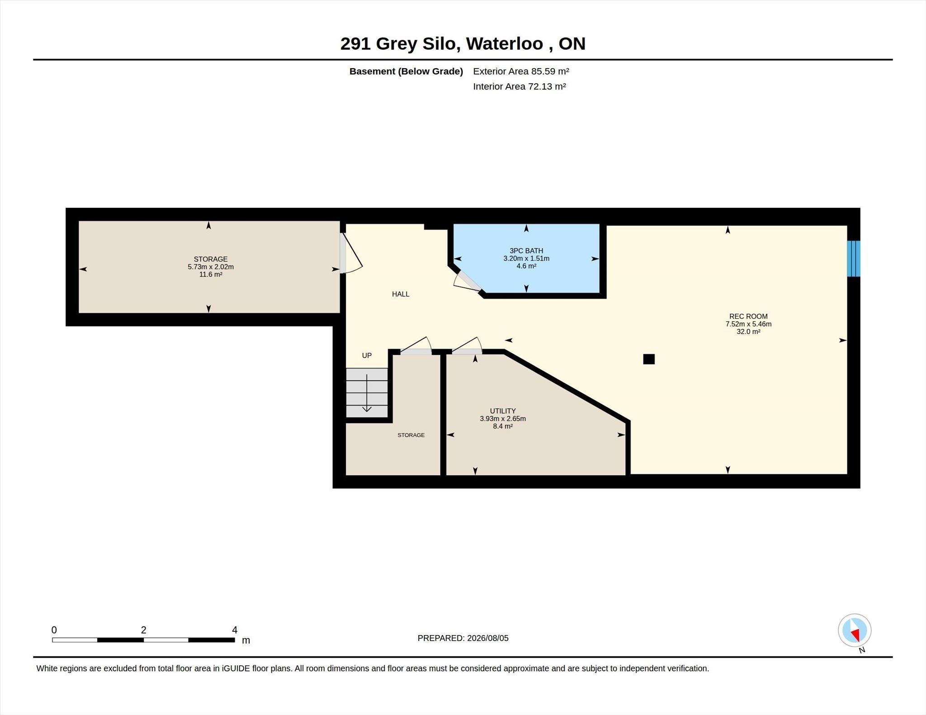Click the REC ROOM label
[748, 316]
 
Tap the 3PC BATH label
[526, 251]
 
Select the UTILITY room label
[503, 411]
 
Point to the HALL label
[401, 294]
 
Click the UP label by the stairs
[367, 355]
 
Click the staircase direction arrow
[367, 393]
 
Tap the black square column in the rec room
[649, 359]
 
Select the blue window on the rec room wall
[854, 258]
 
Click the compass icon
[855, 630]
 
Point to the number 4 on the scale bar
[235, 630]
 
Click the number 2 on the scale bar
[143, 630]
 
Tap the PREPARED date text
[463, 638]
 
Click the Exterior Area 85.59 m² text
[521, 71]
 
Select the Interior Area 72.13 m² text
[520, 86]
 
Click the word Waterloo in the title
[505, 44]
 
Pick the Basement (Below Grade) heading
[406, 71]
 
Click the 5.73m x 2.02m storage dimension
[211, 267]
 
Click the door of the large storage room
[351, 253]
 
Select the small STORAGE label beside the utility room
[411, 435]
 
